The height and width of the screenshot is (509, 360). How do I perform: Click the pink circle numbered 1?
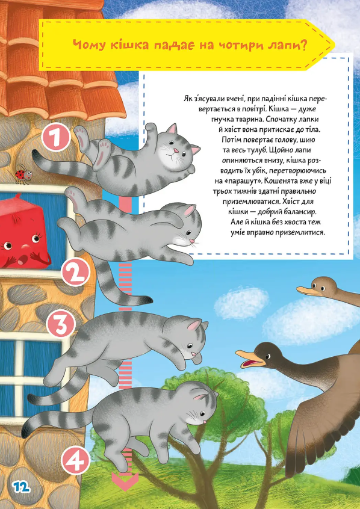coord(56,137)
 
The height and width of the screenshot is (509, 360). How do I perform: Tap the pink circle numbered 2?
coord(75,273)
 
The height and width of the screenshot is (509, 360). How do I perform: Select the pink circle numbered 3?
coord(60,324)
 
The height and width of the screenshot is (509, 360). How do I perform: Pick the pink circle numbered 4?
coord(75,460)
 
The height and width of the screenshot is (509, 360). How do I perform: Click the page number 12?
coord(22,487)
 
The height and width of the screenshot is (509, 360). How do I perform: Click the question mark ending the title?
coord(303,45)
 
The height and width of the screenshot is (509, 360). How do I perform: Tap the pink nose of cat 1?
coord(175,150)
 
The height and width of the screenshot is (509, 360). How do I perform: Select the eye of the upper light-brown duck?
coord(315,286)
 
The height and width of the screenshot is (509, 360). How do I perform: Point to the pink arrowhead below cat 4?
coord(125,482)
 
